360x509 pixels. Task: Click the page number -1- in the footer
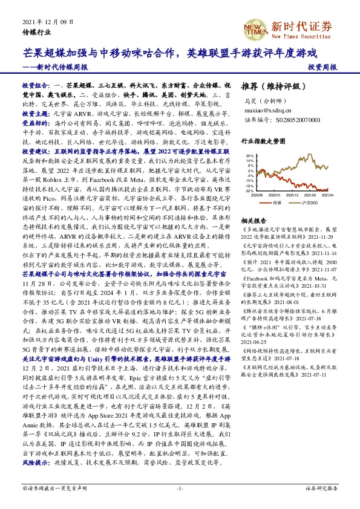pyautogui.click(x=180, y=487)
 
